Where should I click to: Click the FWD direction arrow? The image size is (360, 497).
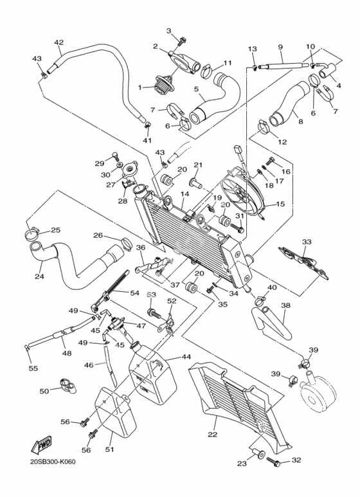pyautogui.click(x=41, y=445)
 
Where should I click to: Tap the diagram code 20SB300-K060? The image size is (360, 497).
pyautogui.click(x=53, y=462)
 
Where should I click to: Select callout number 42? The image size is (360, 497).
pyautogui.click(x=59, y=42)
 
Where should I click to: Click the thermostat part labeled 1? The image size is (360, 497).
pyautogui.click(x=162, y=84)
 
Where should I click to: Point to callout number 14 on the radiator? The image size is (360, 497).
pyautogui.click(x=185, y=194)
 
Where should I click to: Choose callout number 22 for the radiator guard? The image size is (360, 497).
pyautogui.click(x=213, y=434)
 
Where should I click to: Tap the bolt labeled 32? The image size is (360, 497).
pyautogui.click(x=274, y=460)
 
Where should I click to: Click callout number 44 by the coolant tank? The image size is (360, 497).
pyautogui.click(x=186, y=357)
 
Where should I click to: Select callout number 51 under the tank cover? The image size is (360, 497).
pyautogui.click(x=111, y=449)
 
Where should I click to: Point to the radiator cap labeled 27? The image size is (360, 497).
pyautogui.click(x=129, y=168)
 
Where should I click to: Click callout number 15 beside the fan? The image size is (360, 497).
pyautogui.click(x=280, y=204)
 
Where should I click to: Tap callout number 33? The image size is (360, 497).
pyautogui.click(x=307, y=242)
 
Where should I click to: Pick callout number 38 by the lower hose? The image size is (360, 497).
pyautogui.click(x=286, y=305)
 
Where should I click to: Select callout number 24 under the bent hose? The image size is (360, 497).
pyautogui.click(x=39, y=276)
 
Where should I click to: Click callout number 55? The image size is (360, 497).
pyautogui.click(x=33, y=368)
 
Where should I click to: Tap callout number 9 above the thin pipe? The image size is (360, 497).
pyautogui.click(x=280, y=47)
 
